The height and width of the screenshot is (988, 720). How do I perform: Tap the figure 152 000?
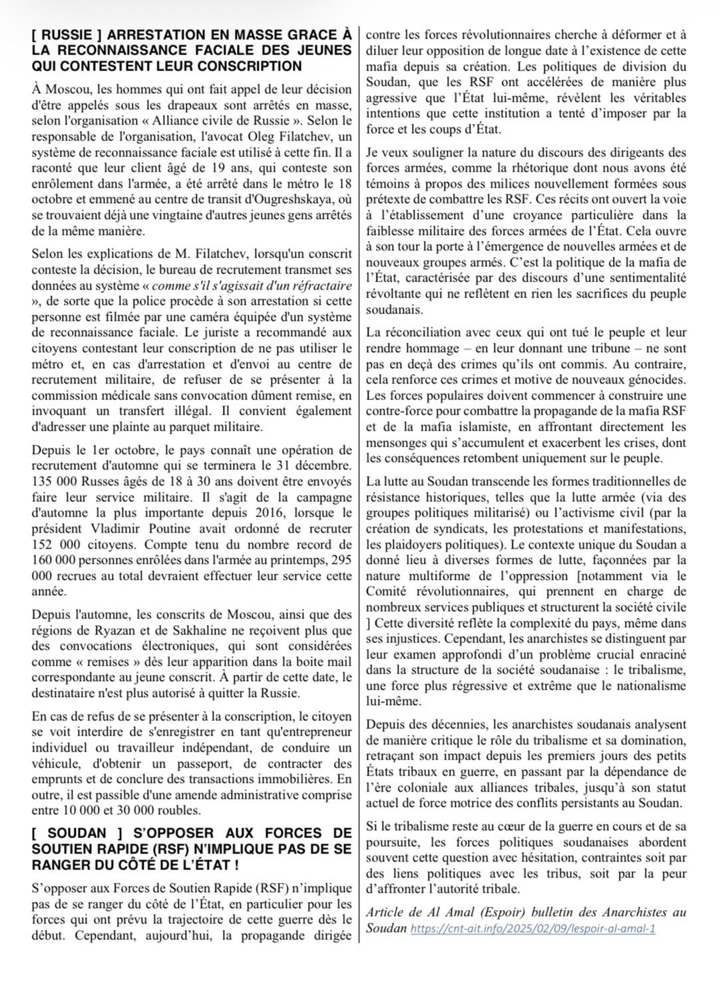tap(56, 545)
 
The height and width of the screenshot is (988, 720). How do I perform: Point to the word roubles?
tap(177, 810)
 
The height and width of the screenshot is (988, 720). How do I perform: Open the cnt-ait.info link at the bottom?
tap(533, 928)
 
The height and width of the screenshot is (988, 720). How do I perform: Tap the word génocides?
tap(655, 379)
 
